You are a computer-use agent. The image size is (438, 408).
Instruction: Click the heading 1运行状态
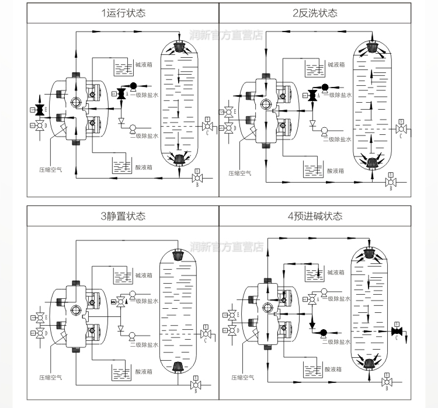123,13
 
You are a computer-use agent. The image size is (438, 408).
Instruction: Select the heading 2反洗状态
315,13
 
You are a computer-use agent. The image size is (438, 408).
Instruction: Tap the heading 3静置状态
123,217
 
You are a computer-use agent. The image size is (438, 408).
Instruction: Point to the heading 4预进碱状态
315,217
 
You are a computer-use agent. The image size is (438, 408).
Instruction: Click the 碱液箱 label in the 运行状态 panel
143,65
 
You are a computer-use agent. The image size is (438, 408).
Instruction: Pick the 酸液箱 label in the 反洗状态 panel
336,171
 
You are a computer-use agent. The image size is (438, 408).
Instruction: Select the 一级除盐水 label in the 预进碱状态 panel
338,298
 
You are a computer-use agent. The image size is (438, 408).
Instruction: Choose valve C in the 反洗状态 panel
400,128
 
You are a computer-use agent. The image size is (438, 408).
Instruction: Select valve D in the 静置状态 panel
40,333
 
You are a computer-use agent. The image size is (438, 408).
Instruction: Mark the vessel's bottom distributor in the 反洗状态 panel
371,160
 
